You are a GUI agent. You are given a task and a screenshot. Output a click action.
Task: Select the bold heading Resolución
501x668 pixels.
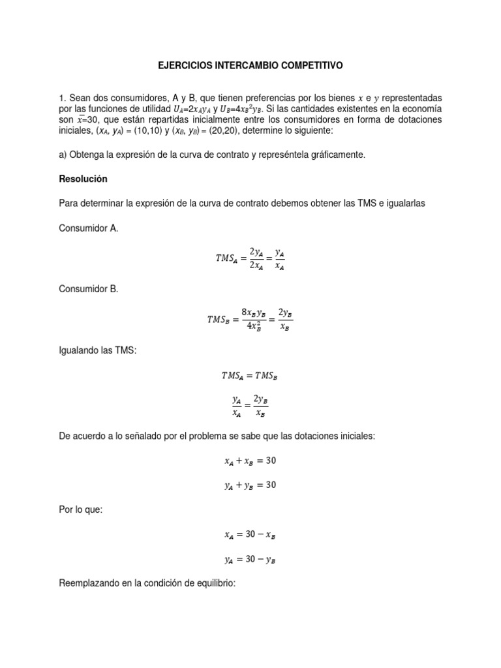(83, 179)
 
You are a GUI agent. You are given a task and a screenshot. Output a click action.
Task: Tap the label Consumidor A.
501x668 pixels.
(89, 229)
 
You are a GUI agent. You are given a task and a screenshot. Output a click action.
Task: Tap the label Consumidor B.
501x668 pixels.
(89, 289)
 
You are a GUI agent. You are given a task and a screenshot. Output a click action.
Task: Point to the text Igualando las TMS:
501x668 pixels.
(98, 350)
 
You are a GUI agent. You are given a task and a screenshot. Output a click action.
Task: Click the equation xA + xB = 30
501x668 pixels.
(250, 461)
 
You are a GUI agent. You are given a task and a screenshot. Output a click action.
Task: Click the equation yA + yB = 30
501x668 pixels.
(250, 485)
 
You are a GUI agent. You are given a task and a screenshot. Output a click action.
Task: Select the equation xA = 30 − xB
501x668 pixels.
(250, 534)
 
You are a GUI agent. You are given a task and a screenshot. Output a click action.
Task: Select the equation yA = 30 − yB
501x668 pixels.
(250, 558)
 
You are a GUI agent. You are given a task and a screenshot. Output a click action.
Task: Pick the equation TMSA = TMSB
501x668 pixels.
(250, 376)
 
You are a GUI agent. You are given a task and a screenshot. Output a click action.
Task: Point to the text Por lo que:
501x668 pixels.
(80, 509)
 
